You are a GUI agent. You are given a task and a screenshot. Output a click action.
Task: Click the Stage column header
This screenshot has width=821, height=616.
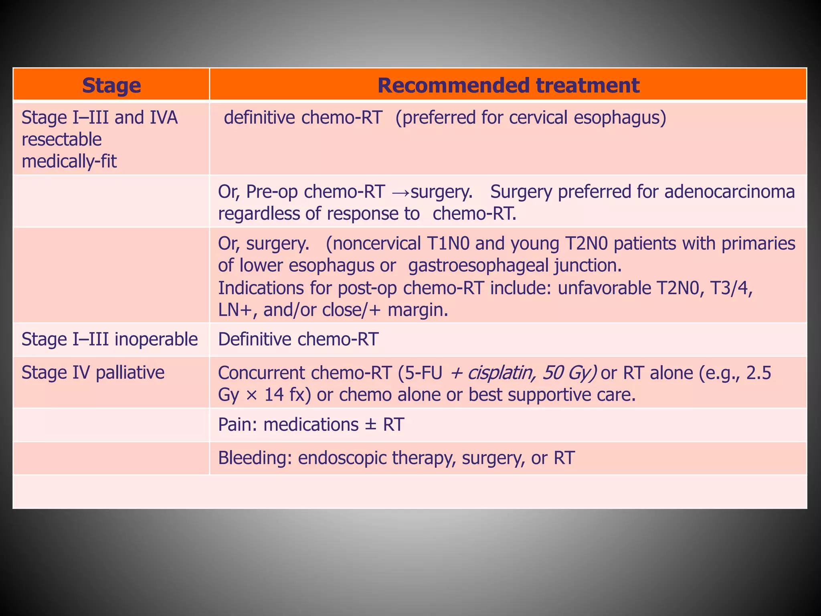[x=111, y=85]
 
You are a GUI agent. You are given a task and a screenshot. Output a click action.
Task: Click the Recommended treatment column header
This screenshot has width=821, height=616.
[x=508, y=85]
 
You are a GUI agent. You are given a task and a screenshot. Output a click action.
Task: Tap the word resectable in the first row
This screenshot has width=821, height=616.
[x=62, y=140]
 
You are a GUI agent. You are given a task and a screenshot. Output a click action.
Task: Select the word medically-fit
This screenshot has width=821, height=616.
[x=69, y=162]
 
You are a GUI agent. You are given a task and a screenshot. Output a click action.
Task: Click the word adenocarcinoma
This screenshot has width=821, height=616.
[x=730, y=192]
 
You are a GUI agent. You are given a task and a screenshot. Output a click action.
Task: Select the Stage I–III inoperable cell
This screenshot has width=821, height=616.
[x=109, y=339]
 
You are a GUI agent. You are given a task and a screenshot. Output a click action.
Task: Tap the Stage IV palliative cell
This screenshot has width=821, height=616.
[x=93, y=373]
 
